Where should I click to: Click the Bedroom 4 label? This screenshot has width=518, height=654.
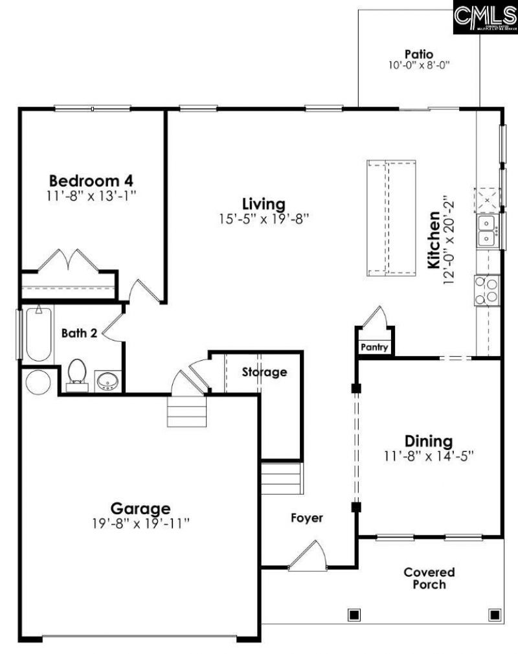[91, 179]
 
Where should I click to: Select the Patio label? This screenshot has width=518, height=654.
[418, 54]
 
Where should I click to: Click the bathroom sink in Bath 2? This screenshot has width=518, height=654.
[107, 381]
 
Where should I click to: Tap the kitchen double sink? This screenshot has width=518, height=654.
[487, 231]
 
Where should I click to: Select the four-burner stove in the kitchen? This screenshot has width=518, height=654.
[487, 289]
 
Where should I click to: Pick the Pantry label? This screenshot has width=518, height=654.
[374, 348]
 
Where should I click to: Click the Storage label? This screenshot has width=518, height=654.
[264, 372]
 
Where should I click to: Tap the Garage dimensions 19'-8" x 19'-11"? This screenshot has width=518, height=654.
[140, 523]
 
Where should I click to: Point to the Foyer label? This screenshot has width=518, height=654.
[306, 518]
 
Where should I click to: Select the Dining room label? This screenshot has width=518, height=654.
[428, 441]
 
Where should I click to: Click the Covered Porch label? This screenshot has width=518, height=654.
[429, 578]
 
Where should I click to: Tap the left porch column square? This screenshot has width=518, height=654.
[354, 614]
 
